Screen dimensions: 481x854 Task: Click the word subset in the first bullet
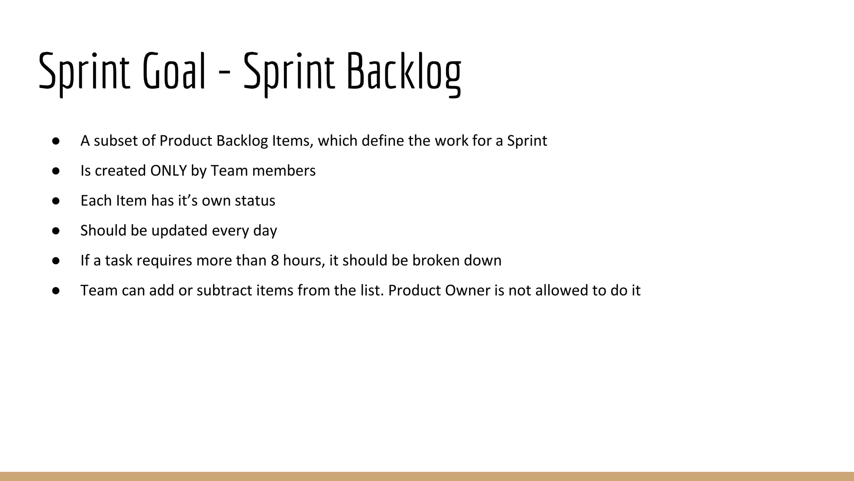[x=116, y=141]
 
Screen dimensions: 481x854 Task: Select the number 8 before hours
[x=275, y=261]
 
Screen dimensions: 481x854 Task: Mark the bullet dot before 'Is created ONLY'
[x=56, y=171]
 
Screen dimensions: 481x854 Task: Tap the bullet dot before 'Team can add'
[x=56, y=291]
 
